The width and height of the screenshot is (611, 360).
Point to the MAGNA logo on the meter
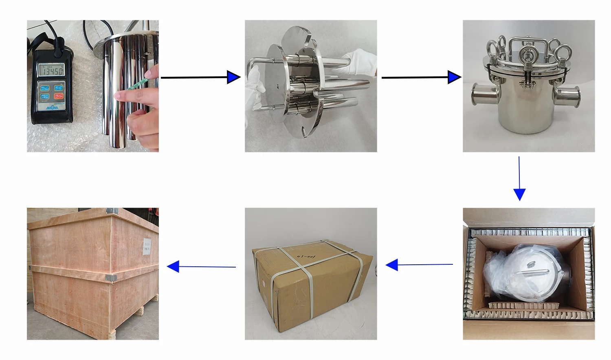coord(52,108)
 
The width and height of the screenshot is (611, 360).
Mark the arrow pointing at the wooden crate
coord(201,267)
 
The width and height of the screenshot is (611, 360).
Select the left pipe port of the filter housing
coord(483,94)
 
